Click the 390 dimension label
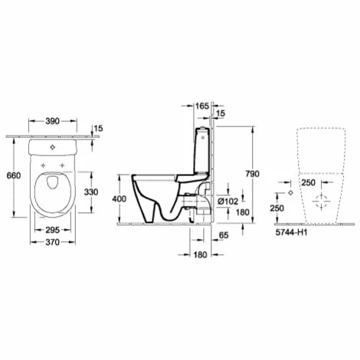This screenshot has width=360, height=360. tap(52, 121)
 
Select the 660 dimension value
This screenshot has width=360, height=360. tap(14, 175)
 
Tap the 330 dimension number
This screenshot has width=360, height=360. tap(91, 191)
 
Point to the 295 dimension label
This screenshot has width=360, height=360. tap(53, 230)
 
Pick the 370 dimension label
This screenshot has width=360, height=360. tap(53, 242)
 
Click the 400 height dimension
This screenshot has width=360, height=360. tap(119, 198)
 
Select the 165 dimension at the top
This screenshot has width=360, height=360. tap(202, 106)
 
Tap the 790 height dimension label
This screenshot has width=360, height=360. tap(252, 174)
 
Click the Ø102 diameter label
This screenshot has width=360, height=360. tap(228, 201)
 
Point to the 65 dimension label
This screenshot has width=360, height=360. tap(224, 235)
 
